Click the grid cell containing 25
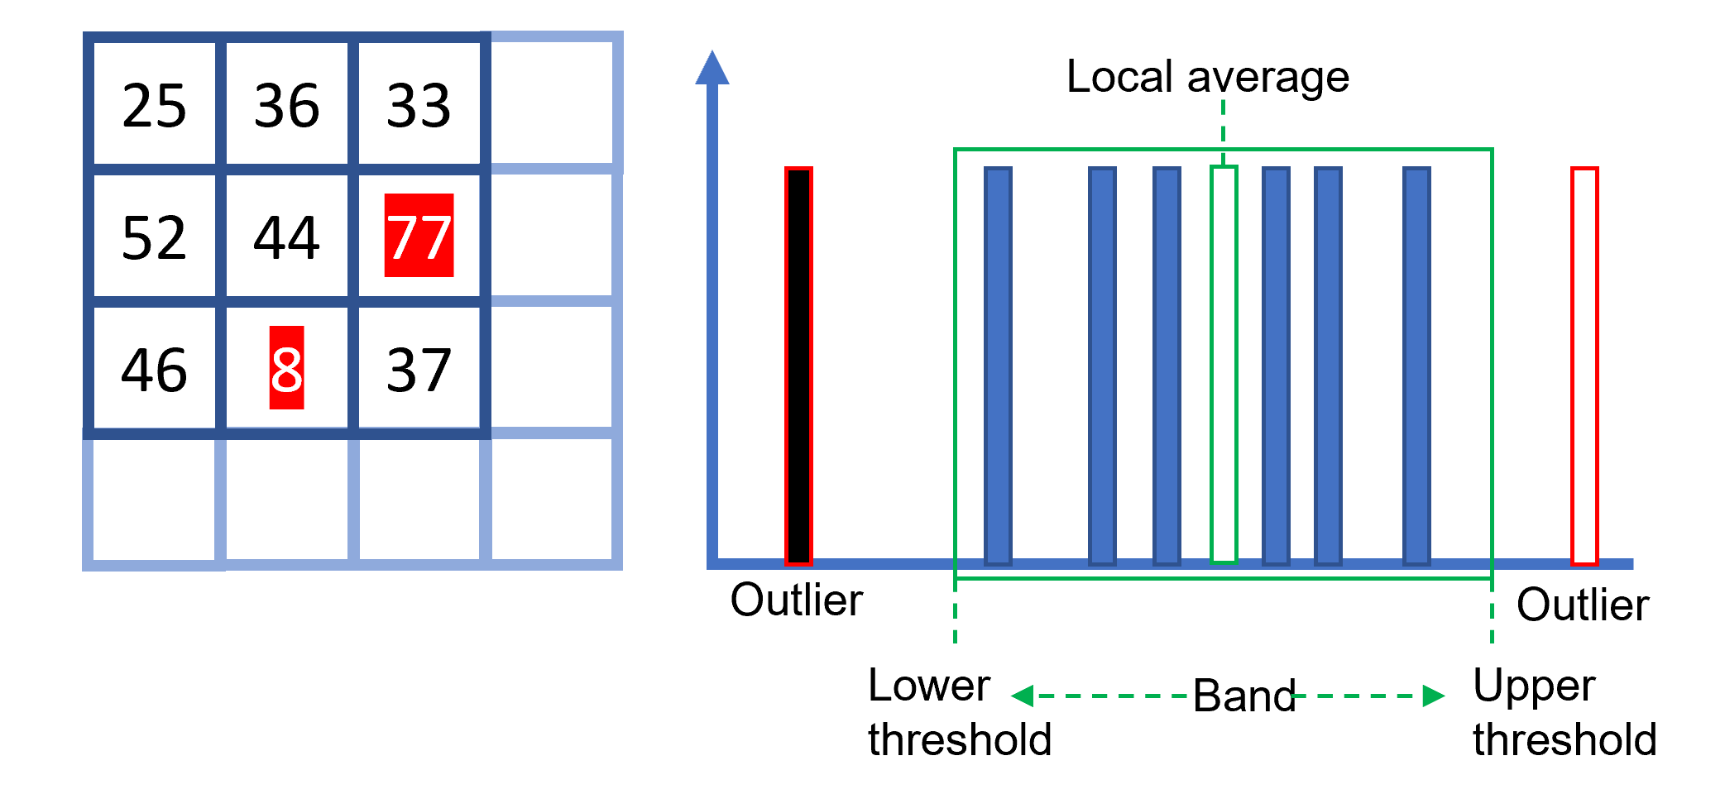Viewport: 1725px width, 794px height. (x=154, y=106)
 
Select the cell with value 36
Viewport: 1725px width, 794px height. (x=286, y=106)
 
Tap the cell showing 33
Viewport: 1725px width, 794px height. (x=419, y=106)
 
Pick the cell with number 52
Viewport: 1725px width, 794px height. (x=154, y=237)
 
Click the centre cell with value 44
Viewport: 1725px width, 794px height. (x=286, y=237)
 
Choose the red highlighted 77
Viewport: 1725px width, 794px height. (x=419, y=236)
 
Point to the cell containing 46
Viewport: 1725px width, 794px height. (x=154, y=370)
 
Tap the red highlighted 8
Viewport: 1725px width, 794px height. (x=286, y=368)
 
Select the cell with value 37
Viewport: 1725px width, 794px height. (x=419, y=370)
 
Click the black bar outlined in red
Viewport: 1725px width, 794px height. (x=798, y=366)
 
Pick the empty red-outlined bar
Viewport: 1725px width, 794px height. (x=1584, y=366)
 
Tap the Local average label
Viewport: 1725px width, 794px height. (x=1207, y=77)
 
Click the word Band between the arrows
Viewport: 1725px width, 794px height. (x=1243, y=696)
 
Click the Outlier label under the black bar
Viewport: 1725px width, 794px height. (x=796, y=600)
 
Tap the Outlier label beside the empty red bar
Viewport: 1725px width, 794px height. (x=1582, y=605)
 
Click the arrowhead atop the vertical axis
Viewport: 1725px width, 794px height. (x=712, y=68)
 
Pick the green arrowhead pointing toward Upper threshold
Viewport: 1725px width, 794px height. (x=1433, y=696)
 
